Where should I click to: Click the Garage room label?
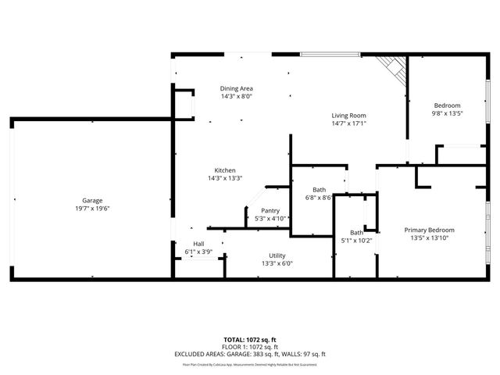coord(92,201)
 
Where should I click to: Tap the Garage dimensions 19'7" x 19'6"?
coord(92,209)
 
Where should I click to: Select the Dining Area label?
coord(236,88)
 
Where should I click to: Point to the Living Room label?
coord(348,114)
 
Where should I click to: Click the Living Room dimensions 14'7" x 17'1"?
coord(348,123)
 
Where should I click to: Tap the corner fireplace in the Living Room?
coord(394,72)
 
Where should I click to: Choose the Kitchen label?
coord(225,170)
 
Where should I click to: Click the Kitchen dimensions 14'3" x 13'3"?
coord(225,179)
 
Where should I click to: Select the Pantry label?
coord(270,210)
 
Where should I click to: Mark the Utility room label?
coord(277,255)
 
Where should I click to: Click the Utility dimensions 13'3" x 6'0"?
coord(277,264)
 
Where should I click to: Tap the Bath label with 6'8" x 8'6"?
coord(319,190)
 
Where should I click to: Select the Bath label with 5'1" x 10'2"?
coord(356,232)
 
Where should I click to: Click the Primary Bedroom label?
coord(429,230)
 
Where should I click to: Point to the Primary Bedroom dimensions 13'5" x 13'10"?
coord(429,238)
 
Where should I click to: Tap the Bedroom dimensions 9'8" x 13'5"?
coord(448,114)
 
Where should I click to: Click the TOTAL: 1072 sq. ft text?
coord(250,340)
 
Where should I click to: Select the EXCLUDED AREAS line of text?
coord(250,354)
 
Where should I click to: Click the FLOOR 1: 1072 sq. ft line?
coord(250,347)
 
